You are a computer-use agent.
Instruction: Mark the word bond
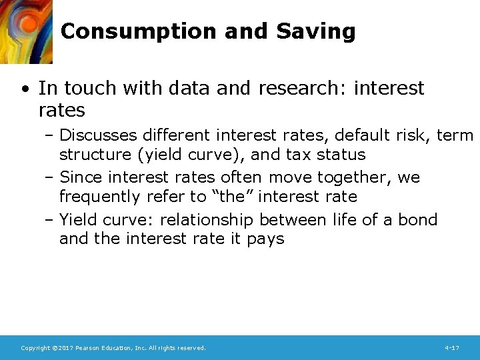[x=417, y=219]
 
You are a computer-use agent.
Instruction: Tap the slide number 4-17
[x=451, y=348]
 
